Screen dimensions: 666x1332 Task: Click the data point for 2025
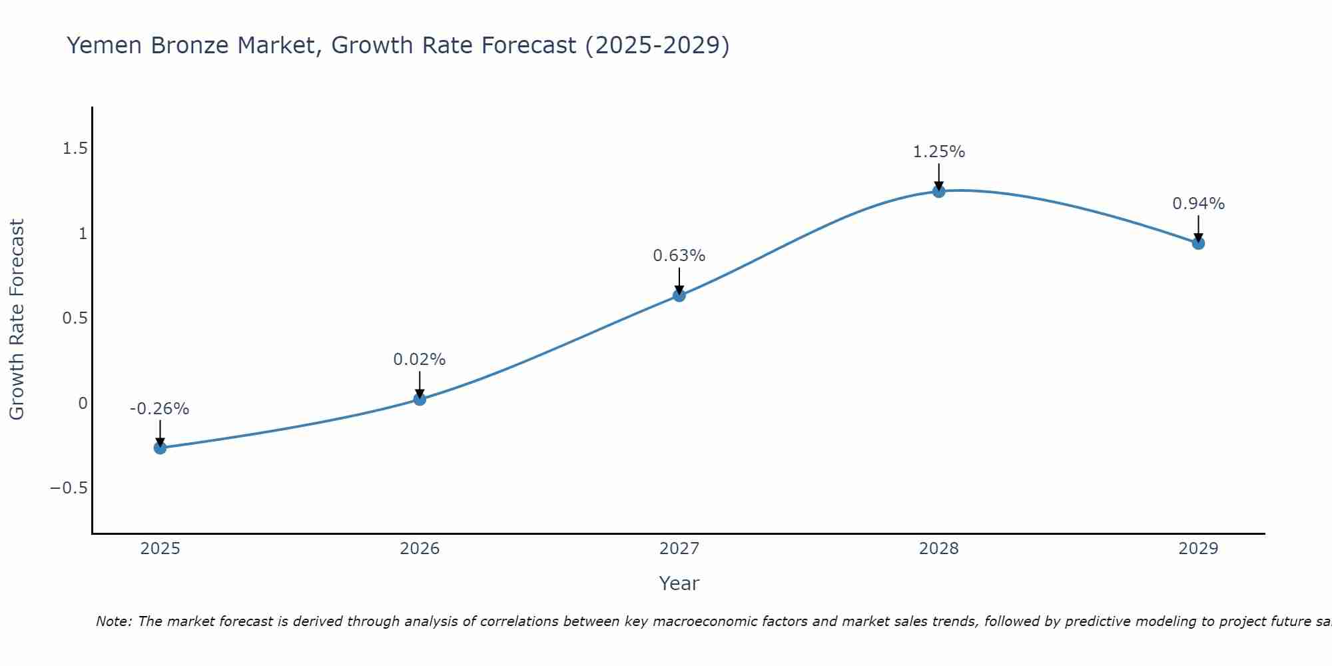click(x=160, y=448)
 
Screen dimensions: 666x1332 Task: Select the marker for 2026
click(x=420, y=399)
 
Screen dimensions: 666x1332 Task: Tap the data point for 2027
click(x=679, y=295)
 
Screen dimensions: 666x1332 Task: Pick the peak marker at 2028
click(x=939, y=191)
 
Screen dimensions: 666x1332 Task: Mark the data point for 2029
click(x=1198, y=243)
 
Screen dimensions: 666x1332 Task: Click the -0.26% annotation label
click(x=159, y=409)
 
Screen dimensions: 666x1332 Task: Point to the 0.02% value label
click(x=419, y=360)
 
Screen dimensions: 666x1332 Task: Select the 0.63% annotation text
click(x=679, y=256)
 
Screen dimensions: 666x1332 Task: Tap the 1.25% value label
click(x=938, y=152)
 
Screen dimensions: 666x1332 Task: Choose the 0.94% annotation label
click(x=1198, y=204)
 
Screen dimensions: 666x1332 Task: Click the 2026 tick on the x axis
click(x=420, y=549)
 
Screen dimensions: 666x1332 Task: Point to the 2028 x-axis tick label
click(x=938, y=549)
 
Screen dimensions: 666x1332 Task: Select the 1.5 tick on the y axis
click(x=75, y=149)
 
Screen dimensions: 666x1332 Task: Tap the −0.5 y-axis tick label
click(x=69, y=488)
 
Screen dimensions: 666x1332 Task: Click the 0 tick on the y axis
click(x=83, y=404)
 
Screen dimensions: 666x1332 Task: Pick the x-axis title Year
click(x=679, y=584)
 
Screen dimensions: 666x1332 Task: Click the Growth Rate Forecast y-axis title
click(x=17, y=320)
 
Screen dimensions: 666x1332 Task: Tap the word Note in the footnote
click(x=114, y=621)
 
